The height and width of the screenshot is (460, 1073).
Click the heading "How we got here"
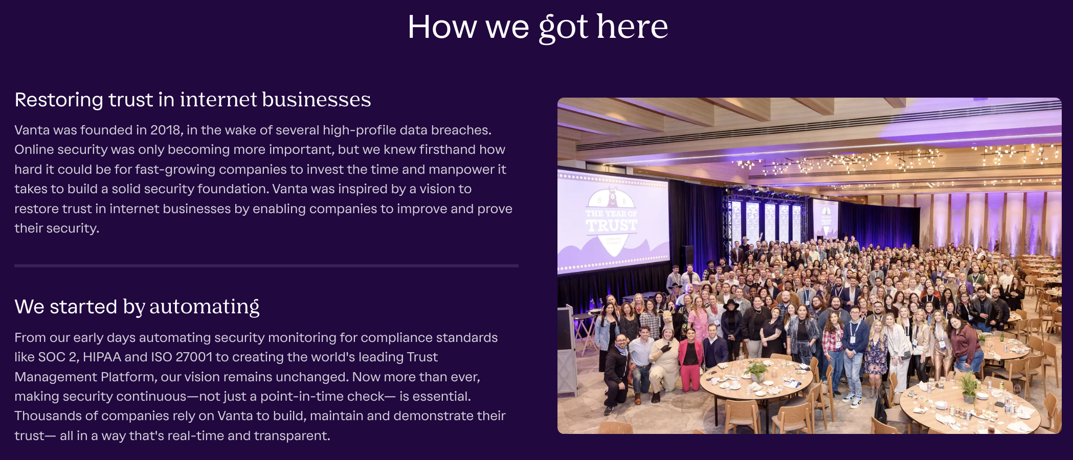pyautogui.click(x=538, y=27)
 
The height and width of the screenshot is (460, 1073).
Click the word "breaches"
pyautogui.click(x=461, y=130)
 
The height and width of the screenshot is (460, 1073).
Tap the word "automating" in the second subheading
pyautogui.click(x=204, y=307)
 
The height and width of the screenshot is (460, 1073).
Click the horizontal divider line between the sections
pyautogui.click(x=266, y=266)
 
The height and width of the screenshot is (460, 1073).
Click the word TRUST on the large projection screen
pyautogui.click(x=612, y=225)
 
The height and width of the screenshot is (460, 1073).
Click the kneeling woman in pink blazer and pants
pyautogui.click(x=691, y=359)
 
